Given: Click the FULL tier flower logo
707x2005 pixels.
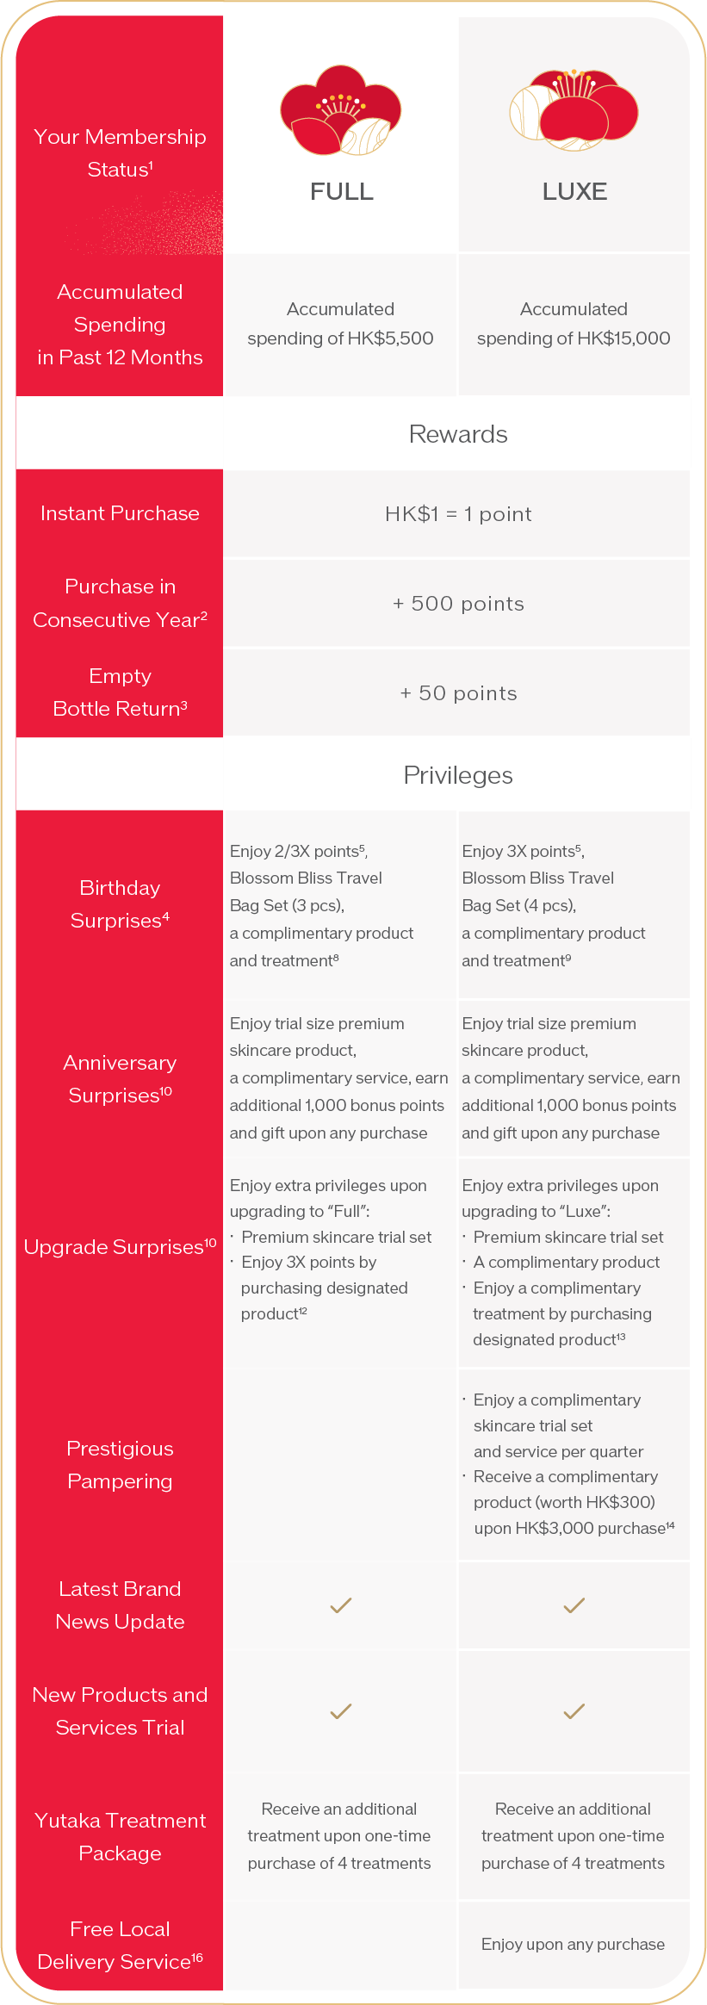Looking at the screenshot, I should [x=341, y=110].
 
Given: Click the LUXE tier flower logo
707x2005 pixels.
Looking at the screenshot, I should [x=574, y=110].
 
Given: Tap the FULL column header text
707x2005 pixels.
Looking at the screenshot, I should [x=342, y=191].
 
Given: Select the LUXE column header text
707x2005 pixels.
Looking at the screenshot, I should [x=574, y=191].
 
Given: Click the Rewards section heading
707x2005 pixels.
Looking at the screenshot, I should [x=458, y=434].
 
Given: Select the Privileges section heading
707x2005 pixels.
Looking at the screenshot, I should [x=458, y=775].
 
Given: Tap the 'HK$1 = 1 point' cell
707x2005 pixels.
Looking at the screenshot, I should [x=458, y=514].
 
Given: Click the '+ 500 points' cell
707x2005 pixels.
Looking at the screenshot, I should [x=458, y=604].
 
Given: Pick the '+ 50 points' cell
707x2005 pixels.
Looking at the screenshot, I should [x=458, y=693].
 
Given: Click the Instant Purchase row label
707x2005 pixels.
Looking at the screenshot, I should [x=120, y=513].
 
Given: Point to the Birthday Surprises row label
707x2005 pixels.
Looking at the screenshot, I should [x=120, y=904].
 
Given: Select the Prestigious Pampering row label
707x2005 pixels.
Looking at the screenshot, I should [x=120, y=1465].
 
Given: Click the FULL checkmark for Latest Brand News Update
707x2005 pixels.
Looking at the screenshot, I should [x=341, y=1605].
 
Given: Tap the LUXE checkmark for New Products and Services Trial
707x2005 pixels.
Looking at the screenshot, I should [x=574, y=1711].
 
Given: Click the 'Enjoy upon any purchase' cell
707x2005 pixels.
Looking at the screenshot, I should [x=573, y=1944].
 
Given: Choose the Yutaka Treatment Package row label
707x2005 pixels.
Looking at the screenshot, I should [x=120, y=1836].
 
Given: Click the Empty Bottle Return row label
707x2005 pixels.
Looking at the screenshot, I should [x=120, y=692].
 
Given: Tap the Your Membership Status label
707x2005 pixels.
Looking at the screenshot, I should [x=120, y=152].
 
